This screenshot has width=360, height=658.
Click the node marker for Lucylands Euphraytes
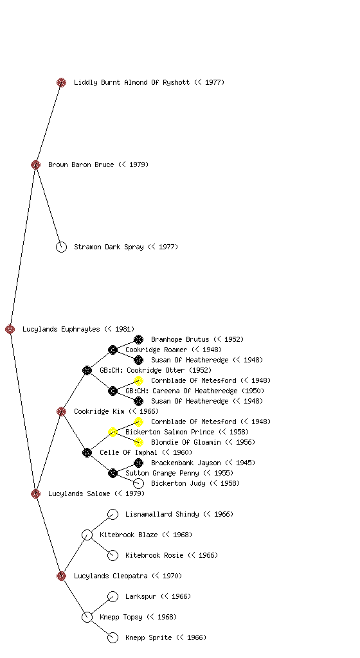[10, 329]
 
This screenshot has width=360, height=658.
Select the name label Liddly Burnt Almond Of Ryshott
[132, 82]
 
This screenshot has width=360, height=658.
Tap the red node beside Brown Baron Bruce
[35, 164]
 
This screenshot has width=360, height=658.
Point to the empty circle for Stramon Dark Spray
[61, 247]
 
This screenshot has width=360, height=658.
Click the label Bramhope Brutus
[180, 339]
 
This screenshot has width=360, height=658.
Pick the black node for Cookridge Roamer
[113, 350]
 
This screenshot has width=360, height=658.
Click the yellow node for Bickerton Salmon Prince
[113, 432]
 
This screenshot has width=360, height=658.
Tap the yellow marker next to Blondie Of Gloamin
[138, 442]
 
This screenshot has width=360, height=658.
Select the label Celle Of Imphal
[129, 452]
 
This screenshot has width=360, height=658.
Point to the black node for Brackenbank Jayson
[138, 463]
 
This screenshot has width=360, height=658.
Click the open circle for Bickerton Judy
[138, 483]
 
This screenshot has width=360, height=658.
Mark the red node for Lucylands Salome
[35, 493]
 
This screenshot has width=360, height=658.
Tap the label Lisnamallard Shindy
[162, 514]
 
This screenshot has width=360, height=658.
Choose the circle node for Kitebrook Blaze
[87, 535]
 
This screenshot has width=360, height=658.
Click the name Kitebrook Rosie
[154, 555]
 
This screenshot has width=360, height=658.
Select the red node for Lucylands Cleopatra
[61, 576]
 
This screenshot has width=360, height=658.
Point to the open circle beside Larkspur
[113, 596]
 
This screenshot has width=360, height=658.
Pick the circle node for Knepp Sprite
[113, 638]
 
